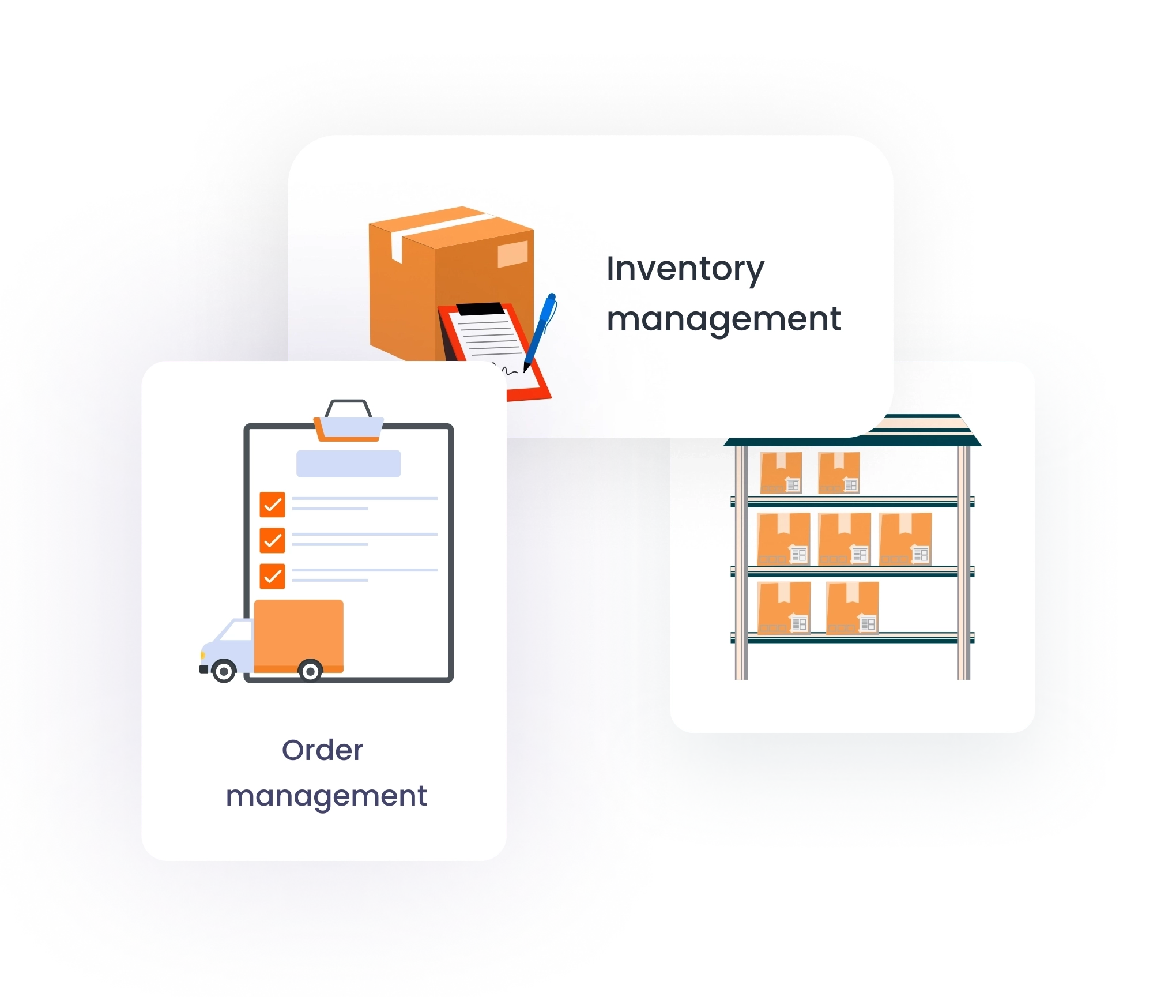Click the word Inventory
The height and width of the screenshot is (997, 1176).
[685, 269]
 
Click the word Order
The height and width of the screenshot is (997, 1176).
[322, 750]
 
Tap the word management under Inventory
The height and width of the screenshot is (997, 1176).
[723, 319]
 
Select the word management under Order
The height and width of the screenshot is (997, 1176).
[326, 796]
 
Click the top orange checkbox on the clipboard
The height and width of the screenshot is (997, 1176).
[272, 504]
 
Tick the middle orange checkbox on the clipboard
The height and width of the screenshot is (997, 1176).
[272, 540]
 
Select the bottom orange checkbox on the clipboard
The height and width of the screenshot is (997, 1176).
[272, 575]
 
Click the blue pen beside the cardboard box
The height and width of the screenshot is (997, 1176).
[541, 330]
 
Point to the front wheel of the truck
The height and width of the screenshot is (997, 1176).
[224, 671]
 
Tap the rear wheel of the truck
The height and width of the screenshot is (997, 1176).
[310, 671]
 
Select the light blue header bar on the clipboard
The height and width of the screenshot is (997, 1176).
[348, 464]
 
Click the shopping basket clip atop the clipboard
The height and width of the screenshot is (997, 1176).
[348, 421]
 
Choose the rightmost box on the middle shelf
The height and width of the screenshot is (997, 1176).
[906, 539]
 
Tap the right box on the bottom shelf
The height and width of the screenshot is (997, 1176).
[852, 608]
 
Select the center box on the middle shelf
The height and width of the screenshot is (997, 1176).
[845, 539]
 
